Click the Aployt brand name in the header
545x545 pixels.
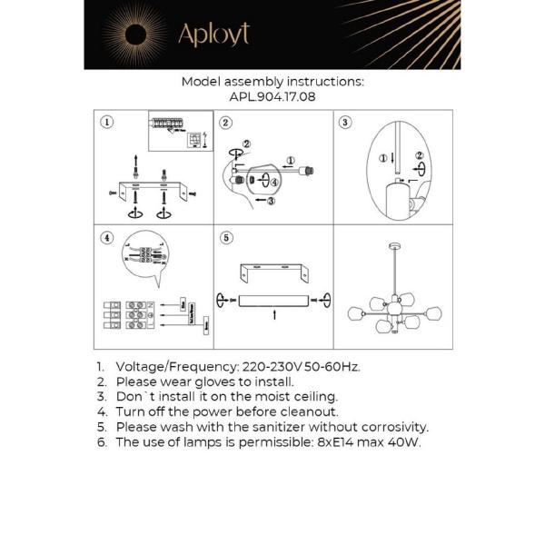pos(213,35)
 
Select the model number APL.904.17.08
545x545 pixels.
pos(272,96)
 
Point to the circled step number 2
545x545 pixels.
pos(226,122)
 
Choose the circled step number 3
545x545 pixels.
pos(345,122)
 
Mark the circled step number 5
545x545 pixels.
pos(226,238)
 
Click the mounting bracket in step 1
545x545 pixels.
pos(150,188)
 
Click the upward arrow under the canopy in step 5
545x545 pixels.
pos(273,317)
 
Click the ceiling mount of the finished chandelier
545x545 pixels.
pos(391,246)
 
